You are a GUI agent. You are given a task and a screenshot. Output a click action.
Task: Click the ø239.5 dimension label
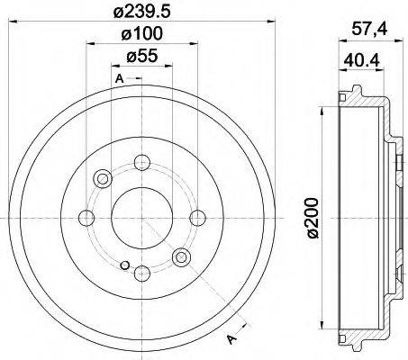pyautogui.click(x=142, y=11)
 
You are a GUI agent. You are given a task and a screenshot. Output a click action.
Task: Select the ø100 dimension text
pyautogui.click(x=142, y=33)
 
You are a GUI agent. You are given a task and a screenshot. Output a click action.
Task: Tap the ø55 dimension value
pyautogui.click(x=142, y=56)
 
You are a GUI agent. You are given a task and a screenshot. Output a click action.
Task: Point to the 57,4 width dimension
pyautogui.click(x=369, y=30)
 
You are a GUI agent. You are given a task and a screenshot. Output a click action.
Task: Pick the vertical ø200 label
pyautogui.click(x=313, y=218)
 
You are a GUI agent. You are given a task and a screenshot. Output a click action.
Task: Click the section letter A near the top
pyautogui.click(x=120, y=78)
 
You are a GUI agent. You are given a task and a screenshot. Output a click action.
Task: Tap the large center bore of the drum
pyautogui.click(x=142, y=218)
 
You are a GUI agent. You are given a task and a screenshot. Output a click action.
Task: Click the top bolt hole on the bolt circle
pyautogui.click(x=142, y=162)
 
